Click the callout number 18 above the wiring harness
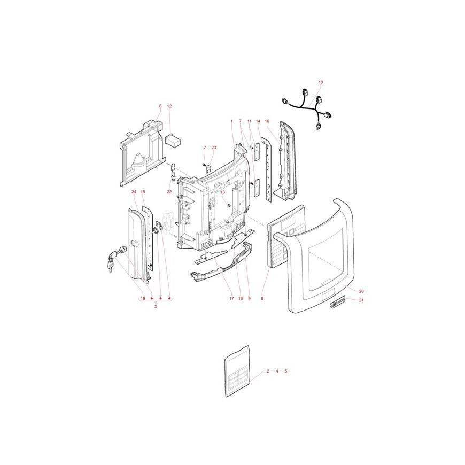tap(321, 82)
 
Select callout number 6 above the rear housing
tap(160, 106)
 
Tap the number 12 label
tap(169, 106)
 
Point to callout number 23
tap(214, 148)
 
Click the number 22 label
tap(169, 192)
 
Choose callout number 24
tap(134, 192)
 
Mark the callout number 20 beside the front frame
tap(361, 291)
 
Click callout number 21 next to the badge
tap(361, 300)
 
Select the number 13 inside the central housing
tap(223, 192)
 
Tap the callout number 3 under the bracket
tap(156, 307)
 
